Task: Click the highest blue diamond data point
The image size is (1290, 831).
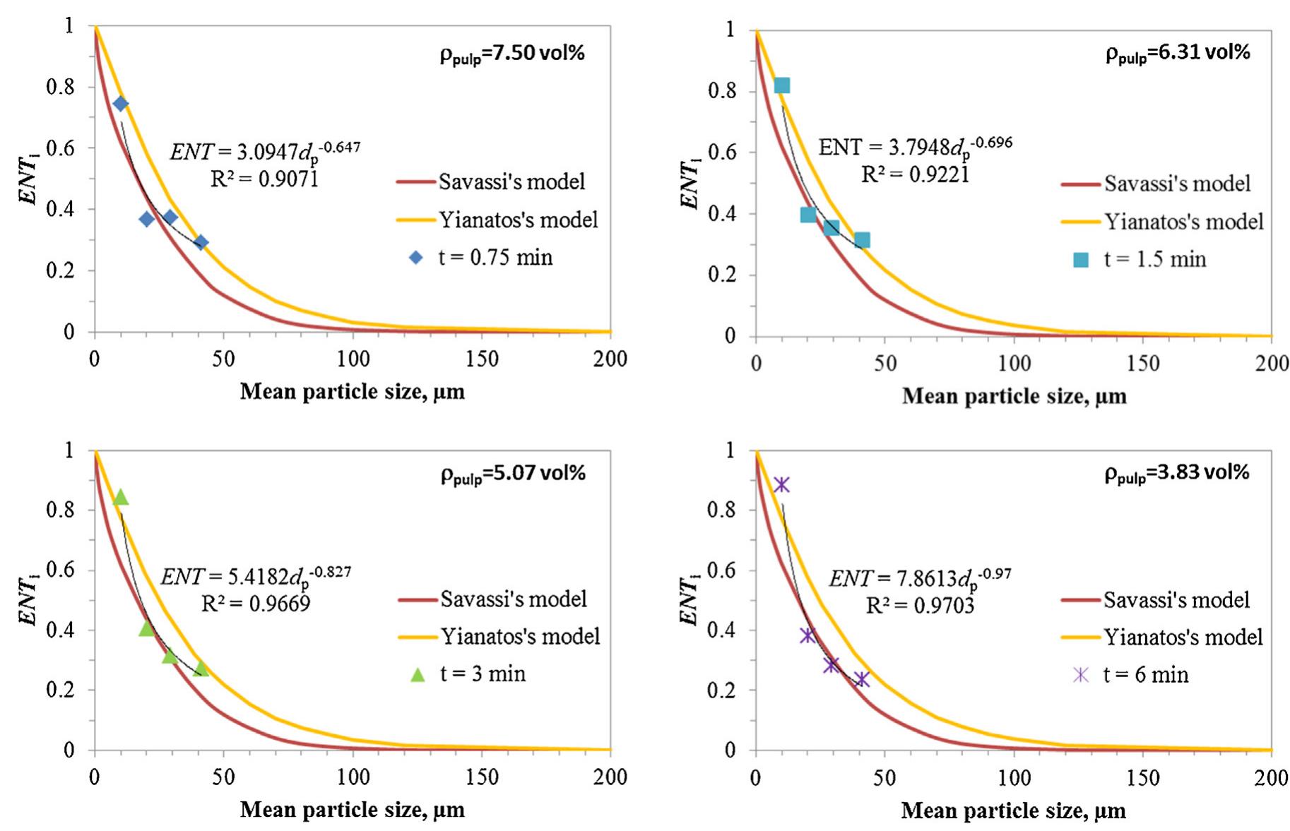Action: tap(120, 104)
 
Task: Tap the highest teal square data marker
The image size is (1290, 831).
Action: tap(781, 85)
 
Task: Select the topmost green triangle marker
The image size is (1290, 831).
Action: tap(121, 497)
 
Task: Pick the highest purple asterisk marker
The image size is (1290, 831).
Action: tap(781, 484)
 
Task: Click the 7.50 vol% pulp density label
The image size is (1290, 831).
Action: tap(512, 54)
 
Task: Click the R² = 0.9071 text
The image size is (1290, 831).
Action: tap(264, 179)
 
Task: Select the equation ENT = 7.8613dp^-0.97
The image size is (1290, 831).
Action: tap(919, 579)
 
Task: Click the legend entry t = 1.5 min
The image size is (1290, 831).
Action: tap(1154, 259)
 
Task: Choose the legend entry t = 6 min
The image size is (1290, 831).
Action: tap(1145, 675)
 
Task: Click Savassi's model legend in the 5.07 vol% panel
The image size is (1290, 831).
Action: tap(513, 599)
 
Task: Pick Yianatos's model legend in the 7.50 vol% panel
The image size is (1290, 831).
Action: tap(518, 220)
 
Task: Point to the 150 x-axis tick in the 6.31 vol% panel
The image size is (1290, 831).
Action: tap(1142, 364)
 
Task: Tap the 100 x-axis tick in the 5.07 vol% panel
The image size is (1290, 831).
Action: tap(353, 777)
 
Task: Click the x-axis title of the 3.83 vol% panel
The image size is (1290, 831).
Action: tap(1013, 811)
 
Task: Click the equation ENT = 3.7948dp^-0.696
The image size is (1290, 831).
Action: tap(915, 147)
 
